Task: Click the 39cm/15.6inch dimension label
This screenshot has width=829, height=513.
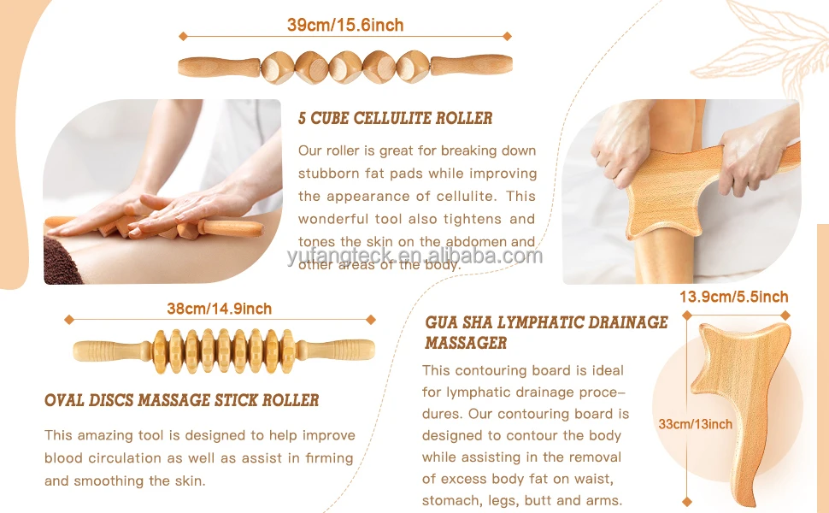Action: point(344,25)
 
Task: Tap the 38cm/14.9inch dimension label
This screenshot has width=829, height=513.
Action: point(219,309)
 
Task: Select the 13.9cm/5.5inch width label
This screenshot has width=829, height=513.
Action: point(733,298)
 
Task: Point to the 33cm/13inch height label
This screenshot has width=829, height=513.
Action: point(695,424)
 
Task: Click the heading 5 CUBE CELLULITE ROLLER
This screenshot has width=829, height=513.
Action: point(395,118)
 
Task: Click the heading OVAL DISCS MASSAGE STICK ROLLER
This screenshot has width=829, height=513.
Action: point(181,400)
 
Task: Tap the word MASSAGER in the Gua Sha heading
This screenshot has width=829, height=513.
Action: point(466,343)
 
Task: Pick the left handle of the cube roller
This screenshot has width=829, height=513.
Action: point(217,65)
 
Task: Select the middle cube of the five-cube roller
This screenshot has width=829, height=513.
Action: point(345,66)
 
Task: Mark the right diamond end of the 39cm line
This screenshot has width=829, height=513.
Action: point(507,36)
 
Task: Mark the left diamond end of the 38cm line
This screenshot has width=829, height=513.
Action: point(67,320)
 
